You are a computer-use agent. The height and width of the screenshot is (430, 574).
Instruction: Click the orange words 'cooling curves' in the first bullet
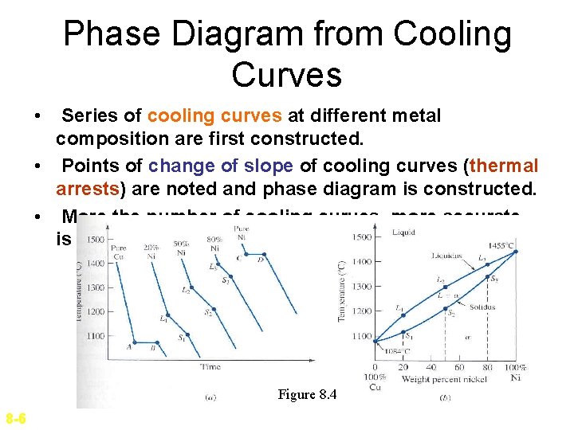point(214,116)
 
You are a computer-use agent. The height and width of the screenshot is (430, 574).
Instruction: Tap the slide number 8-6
point(15,419)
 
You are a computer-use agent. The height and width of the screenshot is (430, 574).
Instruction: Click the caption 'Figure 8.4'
point(307,394)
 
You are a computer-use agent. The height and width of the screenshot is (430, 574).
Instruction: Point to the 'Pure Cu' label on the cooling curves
point(120,252)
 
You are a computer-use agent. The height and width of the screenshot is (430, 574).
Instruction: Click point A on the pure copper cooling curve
point(129,346)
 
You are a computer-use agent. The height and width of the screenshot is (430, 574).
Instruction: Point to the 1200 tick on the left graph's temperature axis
point(95,312)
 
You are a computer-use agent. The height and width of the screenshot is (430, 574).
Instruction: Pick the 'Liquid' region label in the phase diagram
point(405,232)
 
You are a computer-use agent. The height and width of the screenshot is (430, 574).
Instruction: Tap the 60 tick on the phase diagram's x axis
point(460,367)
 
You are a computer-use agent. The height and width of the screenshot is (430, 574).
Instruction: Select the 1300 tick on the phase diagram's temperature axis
point(362,286)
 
